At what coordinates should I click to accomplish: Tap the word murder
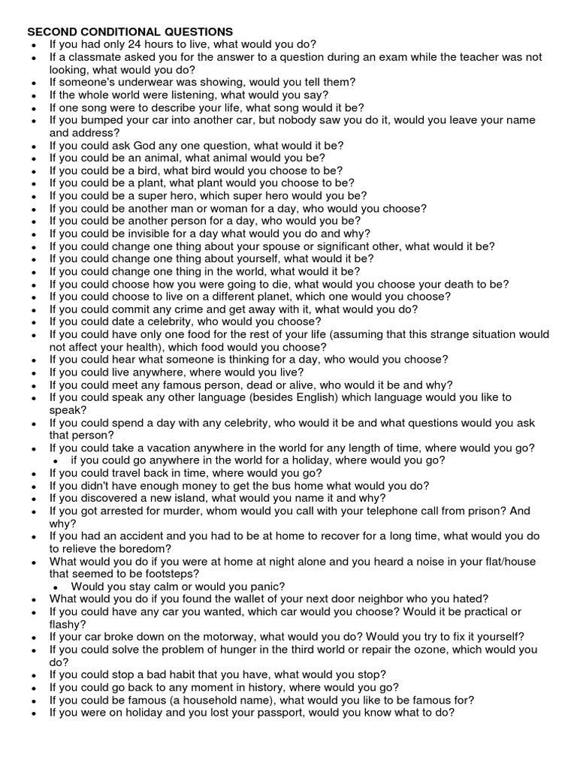coord(171,511)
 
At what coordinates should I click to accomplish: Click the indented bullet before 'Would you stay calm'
coord(58,587)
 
